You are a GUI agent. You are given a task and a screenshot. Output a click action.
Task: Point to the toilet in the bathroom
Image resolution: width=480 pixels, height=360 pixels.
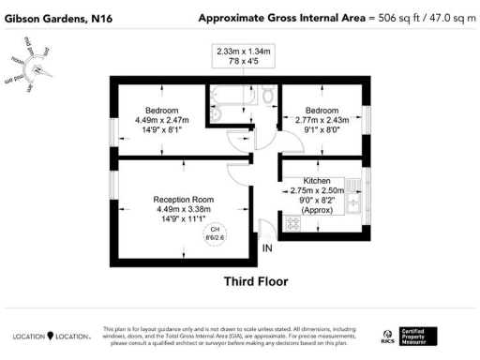tap(267, 94)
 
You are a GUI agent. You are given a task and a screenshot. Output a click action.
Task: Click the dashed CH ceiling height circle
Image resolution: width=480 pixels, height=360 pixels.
tap(215, 232)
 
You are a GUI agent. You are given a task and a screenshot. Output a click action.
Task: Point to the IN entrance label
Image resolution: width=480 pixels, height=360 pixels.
tap(268, 248)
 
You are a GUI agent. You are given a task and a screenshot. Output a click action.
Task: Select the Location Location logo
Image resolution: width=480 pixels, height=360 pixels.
tap(51, 335)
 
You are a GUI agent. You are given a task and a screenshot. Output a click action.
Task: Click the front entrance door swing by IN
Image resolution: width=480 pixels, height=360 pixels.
tap(266, 228)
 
